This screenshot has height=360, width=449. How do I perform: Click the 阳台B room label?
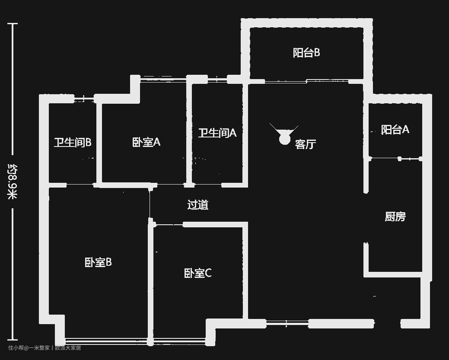(x=306, y=53)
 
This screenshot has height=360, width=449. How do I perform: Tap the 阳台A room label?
(x=395, y=129)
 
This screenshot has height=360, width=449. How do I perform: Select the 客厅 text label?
(x=306, y=144)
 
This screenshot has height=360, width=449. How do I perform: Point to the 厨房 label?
(x=395, y=216)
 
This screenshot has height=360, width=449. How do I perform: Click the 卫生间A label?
(x=217, y=133)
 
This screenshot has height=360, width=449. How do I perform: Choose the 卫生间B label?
(x=72, y=142)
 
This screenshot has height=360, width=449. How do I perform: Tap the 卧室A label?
(x=146, y=142)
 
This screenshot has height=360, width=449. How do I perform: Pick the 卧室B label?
(x=98, y=262)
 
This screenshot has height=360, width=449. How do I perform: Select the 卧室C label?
(x=197, y=273)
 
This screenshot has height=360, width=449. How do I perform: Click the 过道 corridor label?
(x=198, y=204)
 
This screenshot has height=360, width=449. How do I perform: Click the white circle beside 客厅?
(x=284, y=139)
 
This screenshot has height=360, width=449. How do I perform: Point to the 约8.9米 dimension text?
(x=13, y=182)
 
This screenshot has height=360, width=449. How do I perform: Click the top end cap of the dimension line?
(x=13, y=24)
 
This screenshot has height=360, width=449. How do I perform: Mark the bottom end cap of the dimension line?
(x=13, y=340)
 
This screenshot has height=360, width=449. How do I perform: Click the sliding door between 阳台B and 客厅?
(x=306, y=81)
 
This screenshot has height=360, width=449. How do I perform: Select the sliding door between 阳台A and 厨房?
(x=395, y=159)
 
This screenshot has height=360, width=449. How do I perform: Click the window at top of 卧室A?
(x=163, y=78)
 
